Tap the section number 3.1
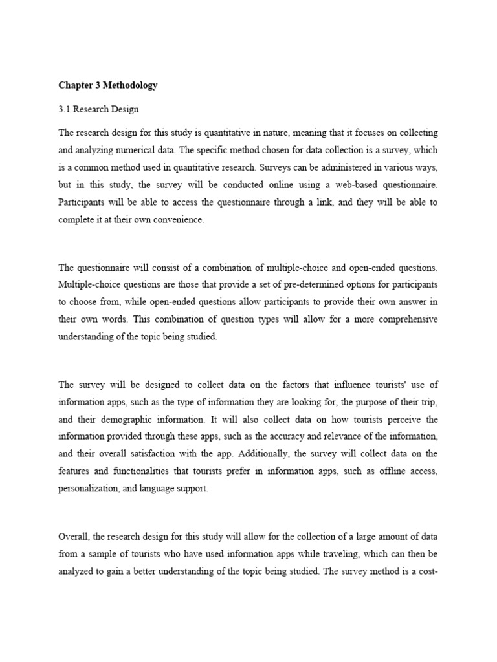click(64, 109)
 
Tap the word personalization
click(86, 489)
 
